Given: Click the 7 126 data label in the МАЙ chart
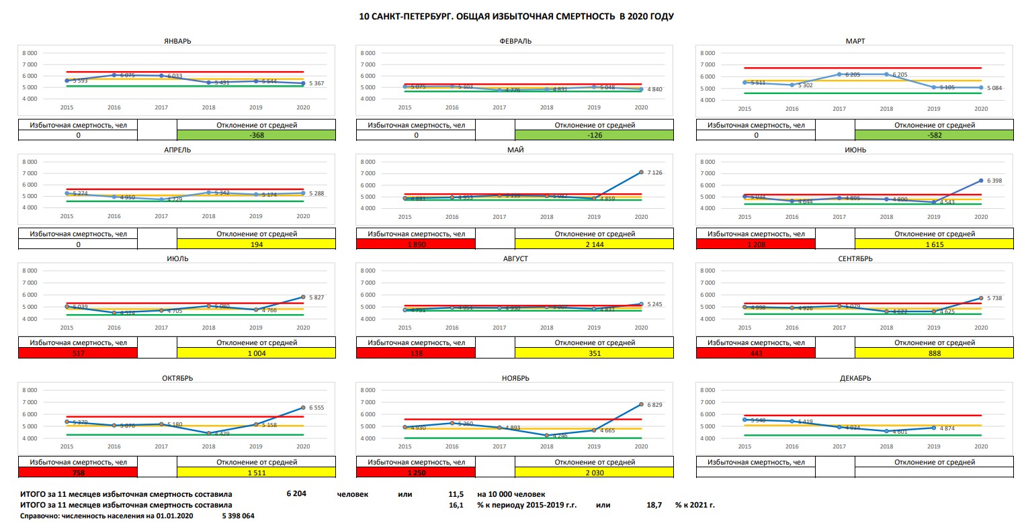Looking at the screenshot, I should coord(655,173).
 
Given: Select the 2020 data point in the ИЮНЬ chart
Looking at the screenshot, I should coord(981,181).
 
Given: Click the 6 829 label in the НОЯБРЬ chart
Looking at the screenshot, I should coord(655,405).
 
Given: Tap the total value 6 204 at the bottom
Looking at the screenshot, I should coord(296,493).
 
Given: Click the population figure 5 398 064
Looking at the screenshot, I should coord(238,516).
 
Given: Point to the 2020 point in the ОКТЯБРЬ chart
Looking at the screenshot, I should coord(302,408).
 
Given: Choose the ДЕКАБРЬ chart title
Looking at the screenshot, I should coord(855,378).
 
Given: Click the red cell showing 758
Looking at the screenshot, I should coord(78,473).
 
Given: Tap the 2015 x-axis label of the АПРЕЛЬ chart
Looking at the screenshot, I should coord(67,216).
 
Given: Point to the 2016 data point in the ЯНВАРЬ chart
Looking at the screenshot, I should coord(114,75).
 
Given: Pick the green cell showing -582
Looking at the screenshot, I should coord(934,135).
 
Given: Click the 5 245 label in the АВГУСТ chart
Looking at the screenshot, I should coord(655,304).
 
